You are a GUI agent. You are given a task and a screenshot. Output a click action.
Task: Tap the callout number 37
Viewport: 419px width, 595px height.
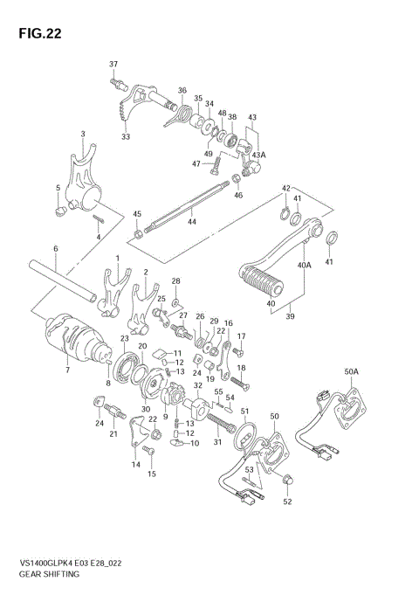[x=113, y=66]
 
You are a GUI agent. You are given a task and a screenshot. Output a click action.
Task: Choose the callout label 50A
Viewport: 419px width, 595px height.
[x=352, y=372]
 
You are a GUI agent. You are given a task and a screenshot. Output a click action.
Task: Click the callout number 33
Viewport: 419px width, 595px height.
[x=126, y=136]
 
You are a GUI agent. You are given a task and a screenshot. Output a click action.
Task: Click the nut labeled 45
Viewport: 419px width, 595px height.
[x=138, y=233]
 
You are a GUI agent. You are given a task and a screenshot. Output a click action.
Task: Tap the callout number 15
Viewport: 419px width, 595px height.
[x=152, y=474]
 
